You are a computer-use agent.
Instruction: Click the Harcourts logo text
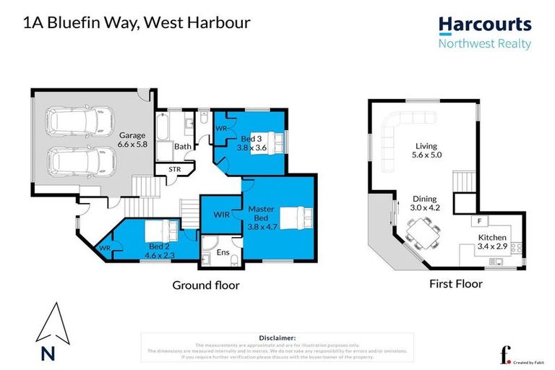click(485, 25)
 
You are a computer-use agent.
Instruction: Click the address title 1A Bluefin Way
click(137, 22)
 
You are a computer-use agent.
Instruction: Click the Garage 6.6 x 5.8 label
click(133, 139)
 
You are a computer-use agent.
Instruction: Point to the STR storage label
click(175, 170)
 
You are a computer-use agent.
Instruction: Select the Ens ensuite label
click(223, 253)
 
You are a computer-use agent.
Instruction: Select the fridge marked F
click(478, 220)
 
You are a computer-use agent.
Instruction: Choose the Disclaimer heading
click(277, 337)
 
